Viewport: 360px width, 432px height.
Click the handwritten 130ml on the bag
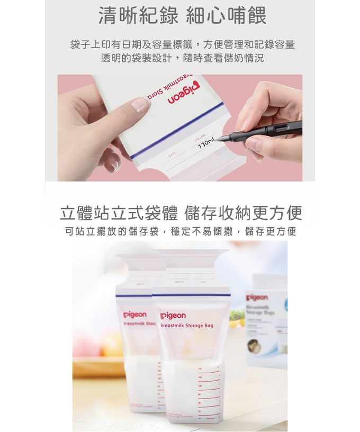click(x=204, y=145)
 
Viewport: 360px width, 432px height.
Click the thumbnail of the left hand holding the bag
click(x=139, y=105)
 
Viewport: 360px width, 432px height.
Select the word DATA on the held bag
click(x=171, y=156)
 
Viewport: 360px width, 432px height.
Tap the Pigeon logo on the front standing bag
click(x=173, y=316)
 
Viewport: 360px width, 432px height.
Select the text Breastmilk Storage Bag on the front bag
click(x=186, y=326)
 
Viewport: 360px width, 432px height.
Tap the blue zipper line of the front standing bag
click(x=191, y=295)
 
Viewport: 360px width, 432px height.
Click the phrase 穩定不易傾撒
click(x=206, y=231)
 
